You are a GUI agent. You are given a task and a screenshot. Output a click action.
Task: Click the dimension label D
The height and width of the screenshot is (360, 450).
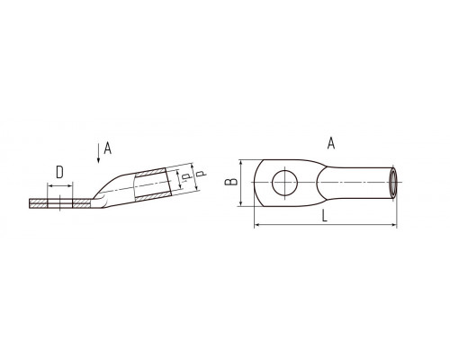(x=59, y=173)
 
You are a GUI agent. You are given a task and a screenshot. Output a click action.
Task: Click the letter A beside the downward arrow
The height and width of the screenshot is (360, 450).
(x=107, y=148)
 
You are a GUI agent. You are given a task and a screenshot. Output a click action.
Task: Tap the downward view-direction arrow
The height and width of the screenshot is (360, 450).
(x=98, y=153)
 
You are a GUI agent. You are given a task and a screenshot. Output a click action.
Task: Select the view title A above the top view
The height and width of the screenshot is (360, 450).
(x=331, y=143)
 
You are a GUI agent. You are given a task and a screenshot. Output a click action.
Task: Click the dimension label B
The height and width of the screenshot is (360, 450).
(x=231, y=182)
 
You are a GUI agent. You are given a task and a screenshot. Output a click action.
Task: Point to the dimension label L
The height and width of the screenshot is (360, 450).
(x=324, y=216)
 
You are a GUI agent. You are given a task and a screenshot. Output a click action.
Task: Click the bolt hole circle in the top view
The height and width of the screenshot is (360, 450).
(x=284, y=183)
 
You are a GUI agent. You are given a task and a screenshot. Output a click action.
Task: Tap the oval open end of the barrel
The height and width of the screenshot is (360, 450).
(x=392, y=183)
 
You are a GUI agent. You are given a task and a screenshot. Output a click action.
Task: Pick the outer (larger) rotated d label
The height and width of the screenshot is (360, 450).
(x=202, y=173)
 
